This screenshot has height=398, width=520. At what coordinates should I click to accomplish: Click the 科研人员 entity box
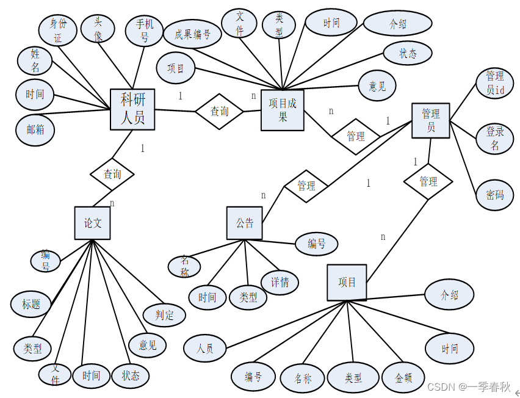tap(132, 109)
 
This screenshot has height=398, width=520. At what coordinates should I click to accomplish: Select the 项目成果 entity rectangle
tap(282, 110)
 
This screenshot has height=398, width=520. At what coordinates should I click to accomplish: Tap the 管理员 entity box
tap(431, 120)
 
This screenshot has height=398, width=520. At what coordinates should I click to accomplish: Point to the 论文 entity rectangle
tap(93, 223)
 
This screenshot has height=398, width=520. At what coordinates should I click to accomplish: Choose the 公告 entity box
tap(245, 223)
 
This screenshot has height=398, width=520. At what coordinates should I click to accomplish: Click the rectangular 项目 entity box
tap(347, 282)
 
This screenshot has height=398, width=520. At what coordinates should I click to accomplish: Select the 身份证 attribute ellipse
tap(57, 31)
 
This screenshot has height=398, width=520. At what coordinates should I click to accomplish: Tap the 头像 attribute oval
tap(98, 28)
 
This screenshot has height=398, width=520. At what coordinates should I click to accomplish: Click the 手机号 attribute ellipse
tap(144, 31)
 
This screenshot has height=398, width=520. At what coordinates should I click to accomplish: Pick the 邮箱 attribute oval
tap(35, 129)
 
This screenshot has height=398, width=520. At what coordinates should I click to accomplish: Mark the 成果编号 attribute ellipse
tap(192, 35)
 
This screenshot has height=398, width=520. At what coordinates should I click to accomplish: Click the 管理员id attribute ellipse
tap(494, 84)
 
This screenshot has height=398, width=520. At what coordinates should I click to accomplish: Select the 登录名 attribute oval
tap(495, 139)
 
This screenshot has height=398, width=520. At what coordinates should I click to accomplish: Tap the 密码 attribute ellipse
tap(495, 195)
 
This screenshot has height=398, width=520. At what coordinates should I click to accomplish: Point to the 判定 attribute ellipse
tap(164, 315)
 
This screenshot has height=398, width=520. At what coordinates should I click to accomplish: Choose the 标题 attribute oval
tap(31, 303)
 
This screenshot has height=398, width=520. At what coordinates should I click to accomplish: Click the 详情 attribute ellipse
tap(280, 282)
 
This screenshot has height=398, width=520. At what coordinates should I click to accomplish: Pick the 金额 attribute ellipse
tap(403, 378)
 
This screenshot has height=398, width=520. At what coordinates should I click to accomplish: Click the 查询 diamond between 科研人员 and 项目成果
tap(220, 111)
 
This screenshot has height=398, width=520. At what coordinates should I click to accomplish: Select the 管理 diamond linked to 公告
tap(306, 185)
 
